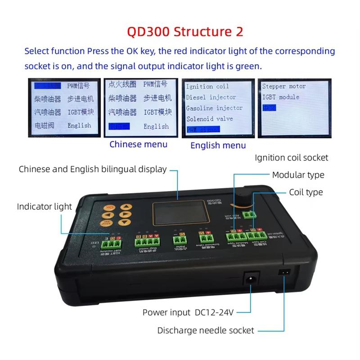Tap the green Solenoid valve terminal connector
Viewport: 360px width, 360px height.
[x=205, y=239]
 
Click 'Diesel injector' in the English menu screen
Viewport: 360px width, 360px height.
[x=211, y=97]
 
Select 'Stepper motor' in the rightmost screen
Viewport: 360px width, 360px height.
[x=283, y=86]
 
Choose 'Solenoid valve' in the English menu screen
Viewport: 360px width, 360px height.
[x=209, y=119]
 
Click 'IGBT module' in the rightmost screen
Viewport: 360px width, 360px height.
[x=280, y=97]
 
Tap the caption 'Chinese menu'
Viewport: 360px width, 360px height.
[x=138, y=144]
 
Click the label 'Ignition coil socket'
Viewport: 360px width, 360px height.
[x=291, y=157]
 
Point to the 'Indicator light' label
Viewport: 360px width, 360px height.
[x=44, y=207]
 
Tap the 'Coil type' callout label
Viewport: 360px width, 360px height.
[x=306, y=192]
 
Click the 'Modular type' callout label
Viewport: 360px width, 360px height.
[x=298, y=175]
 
